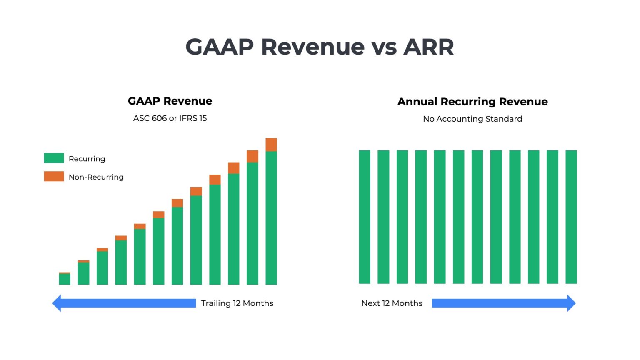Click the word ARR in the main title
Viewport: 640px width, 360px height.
pos(428,47)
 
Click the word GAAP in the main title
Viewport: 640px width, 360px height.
pos(220,47)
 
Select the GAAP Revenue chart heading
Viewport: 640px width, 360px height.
pos(170,101)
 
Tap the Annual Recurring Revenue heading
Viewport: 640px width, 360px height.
pos(472,102)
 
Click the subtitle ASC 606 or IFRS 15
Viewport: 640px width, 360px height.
pos(170,118)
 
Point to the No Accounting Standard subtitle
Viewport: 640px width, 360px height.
pos(472,119)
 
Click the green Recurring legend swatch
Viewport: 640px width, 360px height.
pos(54,158)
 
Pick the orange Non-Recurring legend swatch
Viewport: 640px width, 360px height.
pos(54,177)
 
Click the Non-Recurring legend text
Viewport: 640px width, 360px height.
pos(96,177)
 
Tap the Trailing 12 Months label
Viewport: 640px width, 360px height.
pos(237,303)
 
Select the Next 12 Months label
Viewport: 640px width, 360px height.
pos(392,303)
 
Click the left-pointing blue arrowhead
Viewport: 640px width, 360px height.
pos(57,303)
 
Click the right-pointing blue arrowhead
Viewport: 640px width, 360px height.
pos(571,303)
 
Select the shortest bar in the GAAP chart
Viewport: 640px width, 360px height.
pos(65,279)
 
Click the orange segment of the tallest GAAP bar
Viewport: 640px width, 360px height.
pos(271,145)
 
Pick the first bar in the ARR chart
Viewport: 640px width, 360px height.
pos(365,217)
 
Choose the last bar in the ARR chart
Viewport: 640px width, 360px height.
pos(571,217)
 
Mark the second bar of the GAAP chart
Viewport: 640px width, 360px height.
pos(83,273)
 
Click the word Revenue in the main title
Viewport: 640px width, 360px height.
pos(312,47)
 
